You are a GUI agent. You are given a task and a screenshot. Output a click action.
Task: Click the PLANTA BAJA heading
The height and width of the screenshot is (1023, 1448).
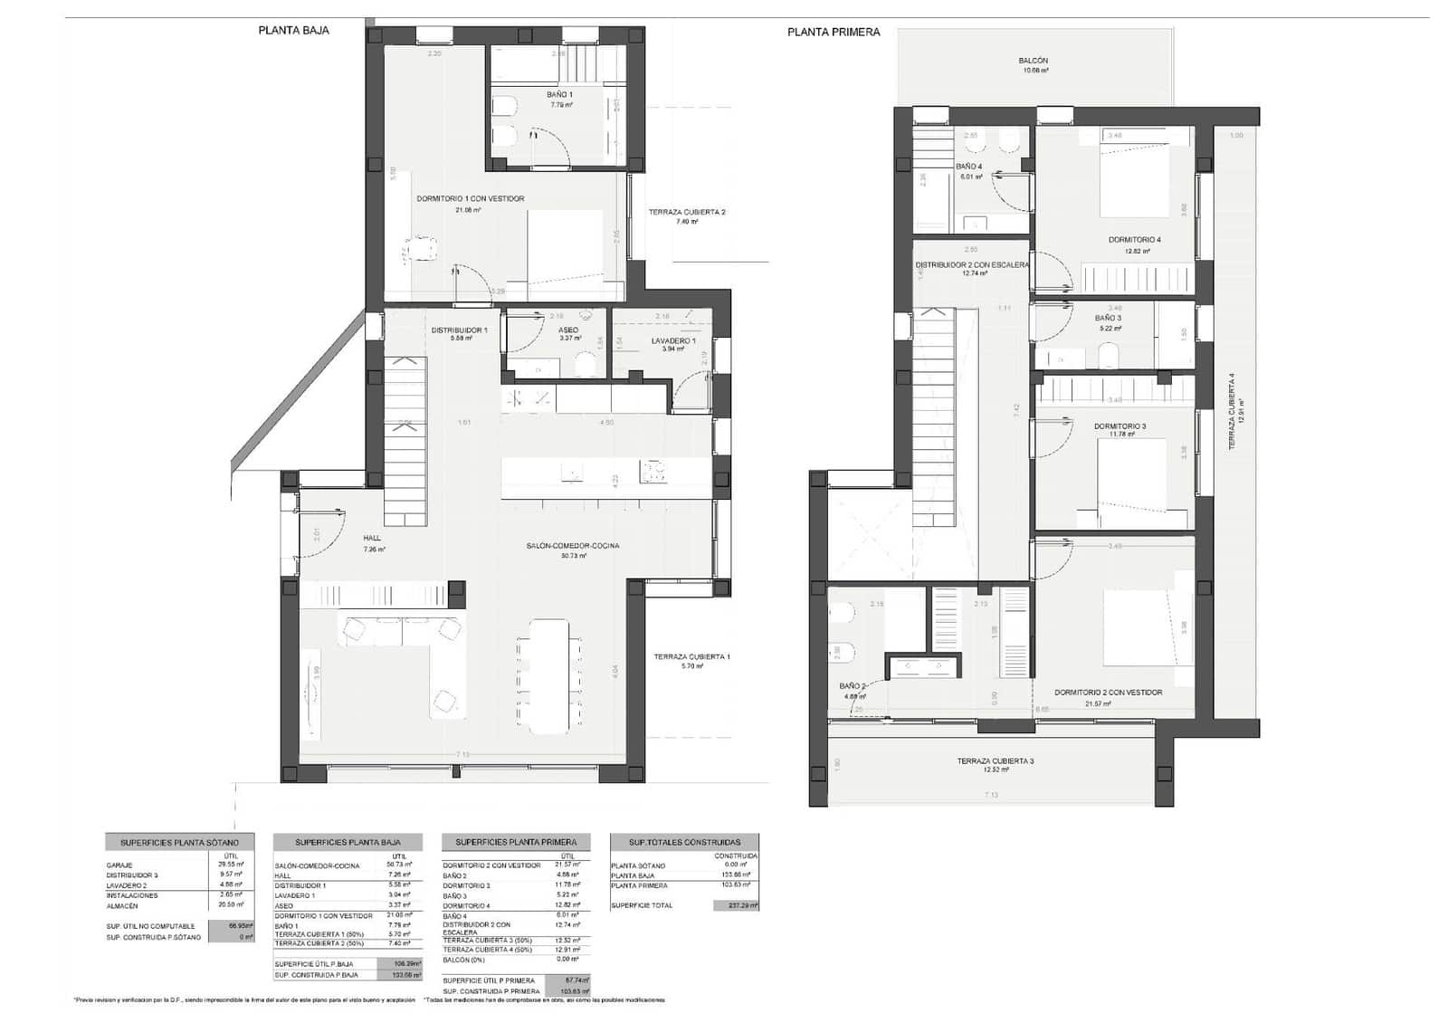(x=293, y=30)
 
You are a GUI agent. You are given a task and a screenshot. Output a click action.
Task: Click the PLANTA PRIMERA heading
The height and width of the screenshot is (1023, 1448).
(x=833, y=32)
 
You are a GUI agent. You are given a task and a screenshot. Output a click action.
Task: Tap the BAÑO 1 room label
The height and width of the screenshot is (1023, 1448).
(x=559, y=94)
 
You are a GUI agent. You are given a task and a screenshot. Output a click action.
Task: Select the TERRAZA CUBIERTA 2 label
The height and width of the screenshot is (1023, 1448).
(x=687, y=213)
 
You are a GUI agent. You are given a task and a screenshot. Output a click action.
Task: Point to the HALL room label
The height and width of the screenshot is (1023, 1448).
(x=372, y=538)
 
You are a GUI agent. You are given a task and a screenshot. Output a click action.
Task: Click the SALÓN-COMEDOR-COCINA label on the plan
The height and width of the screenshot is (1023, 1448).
(x=573, y=546)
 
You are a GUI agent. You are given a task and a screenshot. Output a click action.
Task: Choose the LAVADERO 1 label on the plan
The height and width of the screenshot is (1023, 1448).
(x=673, y=341)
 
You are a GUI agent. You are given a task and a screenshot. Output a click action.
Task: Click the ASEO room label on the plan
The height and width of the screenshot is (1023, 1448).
(x=567, y=330)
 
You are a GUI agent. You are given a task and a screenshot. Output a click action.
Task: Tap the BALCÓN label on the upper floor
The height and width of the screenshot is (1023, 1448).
(x=1034, y=61)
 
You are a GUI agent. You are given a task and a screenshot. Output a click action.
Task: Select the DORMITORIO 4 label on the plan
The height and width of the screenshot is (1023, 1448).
(x=1134, y=240)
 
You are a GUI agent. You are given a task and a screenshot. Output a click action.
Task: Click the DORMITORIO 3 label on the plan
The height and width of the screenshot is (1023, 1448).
(x=1119, y=426)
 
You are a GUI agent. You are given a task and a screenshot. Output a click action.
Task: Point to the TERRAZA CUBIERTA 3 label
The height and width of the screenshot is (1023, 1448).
(x=995, y=761)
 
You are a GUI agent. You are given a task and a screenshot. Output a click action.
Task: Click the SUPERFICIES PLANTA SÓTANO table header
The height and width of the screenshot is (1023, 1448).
(x=179, y=842)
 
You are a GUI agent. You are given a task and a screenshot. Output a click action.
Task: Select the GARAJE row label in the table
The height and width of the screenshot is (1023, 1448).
(x=119, y=865)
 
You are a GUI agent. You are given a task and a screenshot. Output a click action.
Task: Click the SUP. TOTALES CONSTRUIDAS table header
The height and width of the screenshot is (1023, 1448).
(x=684, y=842)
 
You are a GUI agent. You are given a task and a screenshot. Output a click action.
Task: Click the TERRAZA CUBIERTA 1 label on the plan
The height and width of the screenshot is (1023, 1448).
(x=692, y=656)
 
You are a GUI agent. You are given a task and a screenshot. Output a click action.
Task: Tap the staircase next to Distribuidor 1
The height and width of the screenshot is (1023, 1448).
(x=405, y=439)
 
